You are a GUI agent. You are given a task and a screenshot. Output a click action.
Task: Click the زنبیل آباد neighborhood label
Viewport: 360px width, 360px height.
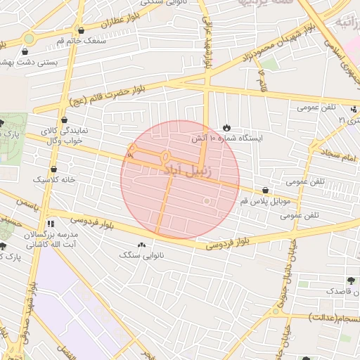(191, 170)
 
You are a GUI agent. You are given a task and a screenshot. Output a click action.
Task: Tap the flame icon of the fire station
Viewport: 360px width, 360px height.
(226, 127)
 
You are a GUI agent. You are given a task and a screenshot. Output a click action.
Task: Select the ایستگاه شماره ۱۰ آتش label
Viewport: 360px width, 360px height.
(227, 139)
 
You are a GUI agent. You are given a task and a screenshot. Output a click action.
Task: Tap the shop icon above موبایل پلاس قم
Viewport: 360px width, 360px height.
(265, 190)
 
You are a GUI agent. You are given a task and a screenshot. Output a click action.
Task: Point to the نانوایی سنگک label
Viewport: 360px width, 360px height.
(143, 256)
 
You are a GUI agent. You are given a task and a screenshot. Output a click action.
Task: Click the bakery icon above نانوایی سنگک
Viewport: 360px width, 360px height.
(143, 245)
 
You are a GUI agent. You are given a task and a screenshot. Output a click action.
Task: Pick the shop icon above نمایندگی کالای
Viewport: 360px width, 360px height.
(65, 120)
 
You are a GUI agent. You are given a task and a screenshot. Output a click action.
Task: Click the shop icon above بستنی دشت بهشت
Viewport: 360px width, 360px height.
(26, 51)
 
